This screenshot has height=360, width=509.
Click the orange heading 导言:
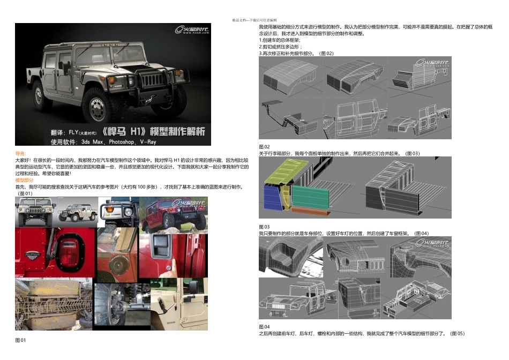click(x=20, y=153)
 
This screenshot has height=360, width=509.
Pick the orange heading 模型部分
click(x=24, y=181)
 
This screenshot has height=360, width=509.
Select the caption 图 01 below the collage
click(x=20, y=340)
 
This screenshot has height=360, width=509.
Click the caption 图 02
click(x=264, y=146)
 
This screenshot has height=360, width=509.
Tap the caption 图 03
click(x=264, y=227)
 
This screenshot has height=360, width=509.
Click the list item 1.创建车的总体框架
click(x=280, y=40)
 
